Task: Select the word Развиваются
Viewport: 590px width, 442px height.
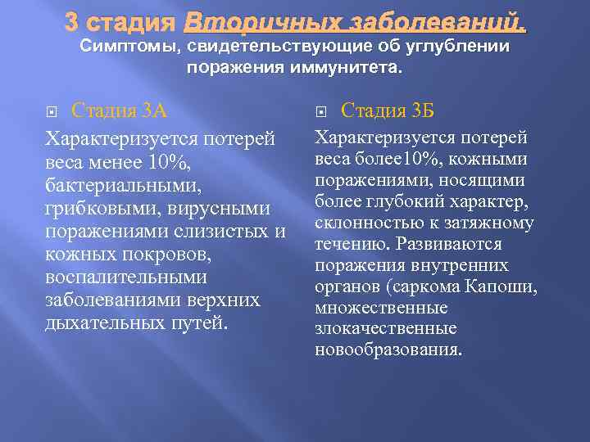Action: (x=457, y=244)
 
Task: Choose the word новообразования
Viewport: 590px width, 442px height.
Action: (x=388, y=350)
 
